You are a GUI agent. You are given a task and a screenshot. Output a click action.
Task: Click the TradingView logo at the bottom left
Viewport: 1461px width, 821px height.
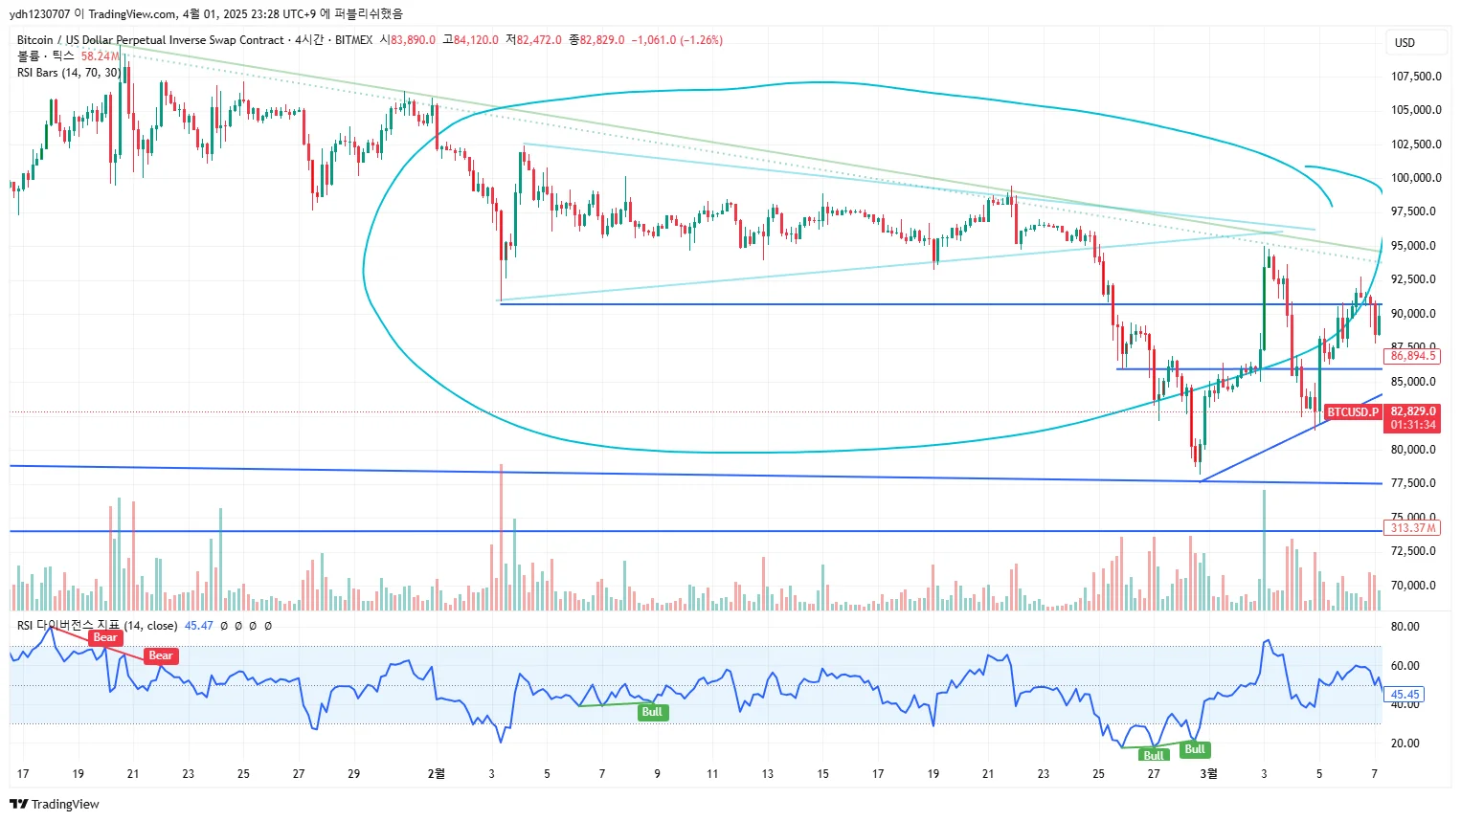tap(55, 804)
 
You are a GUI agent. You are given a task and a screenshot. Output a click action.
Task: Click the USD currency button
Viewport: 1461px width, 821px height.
tap(1404, 43)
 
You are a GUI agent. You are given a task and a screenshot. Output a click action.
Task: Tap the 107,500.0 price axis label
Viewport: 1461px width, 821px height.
tap(1416, 77)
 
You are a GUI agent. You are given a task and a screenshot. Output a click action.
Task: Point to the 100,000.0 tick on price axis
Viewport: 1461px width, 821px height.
tap(1416, 178)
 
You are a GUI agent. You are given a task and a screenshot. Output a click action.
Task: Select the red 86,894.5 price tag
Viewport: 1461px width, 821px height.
tap(1412, 356)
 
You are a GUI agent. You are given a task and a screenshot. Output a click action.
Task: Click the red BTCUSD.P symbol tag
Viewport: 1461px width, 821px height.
tap(1352, 412)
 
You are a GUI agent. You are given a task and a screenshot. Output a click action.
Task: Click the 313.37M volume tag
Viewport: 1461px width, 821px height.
tap(1412, 528)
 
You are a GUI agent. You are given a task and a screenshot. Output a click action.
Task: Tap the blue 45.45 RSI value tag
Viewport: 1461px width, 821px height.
tap(1405, 695)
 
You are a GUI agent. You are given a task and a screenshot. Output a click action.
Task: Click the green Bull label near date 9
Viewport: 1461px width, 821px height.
tap(652, 712)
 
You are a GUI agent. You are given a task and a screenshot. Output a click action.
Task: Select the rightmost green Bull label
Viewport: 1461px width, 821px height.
tap(1195, 749)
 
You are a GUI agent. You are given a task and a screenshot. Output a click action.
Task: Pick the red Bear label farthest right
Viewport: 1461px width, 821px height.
tap(161, 655)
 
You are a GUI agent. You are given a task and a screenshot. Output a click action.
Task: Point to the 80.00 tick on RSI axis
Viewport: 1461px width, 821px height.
tap(1405, 627)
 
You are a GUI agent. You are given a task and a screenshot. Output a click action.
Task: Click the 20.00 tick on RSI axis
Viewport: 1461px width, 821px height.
tap(1405, 743)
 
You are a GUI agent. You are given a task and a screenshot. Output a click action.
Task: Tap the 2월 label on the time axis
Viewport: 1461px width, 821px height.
tap(436, 773)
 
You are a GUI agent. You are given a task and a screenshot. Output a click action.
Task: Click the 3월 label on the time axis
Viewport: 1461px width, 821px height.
tap(1209, 773)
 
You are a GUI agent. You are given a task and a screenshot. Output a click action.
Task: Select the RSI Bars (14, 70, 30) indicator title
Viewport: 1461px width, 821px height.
tap(69, 73)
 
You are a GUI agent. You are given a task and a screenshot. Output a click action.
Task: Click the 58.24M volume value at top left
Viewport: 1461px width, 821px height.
tap(100, 56)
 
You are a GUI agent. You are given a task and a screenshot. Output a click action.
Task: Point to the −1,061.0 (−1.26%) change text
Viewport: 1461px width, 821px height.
tap(677, 40)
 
